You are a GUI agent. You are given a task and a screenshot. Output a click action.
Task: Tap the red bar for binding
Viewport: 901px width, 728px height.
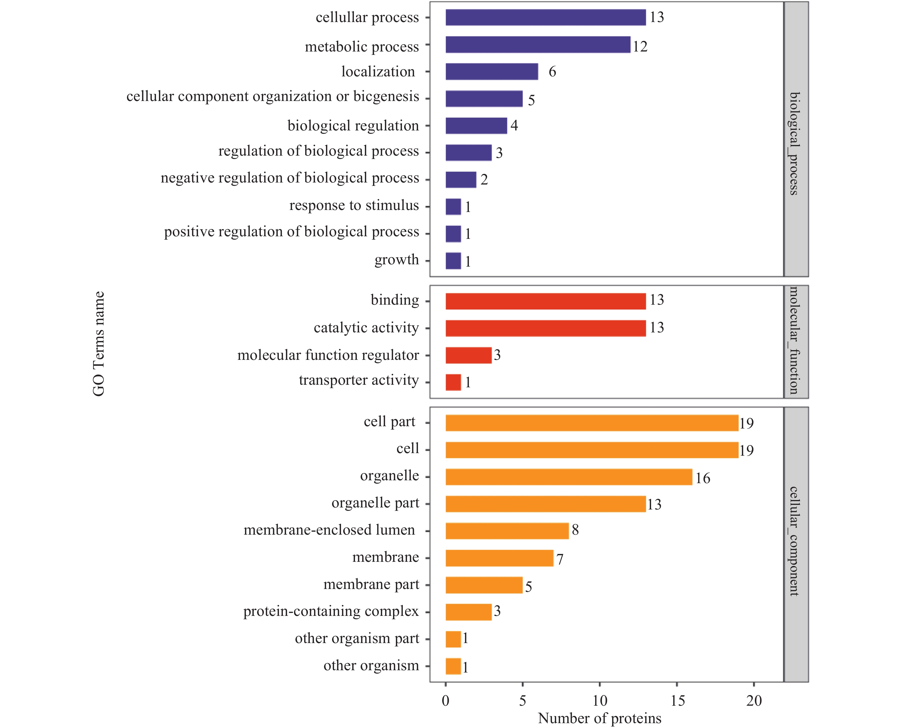[x=545, y=301]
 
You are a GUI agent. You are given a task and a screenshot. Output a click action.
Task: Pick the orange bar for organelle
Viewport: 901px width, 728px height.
[x=569, y=477]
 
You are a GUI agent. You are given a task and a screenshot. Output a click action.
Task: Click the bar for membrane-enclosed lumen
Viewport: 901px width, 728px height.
[x=507, y=531]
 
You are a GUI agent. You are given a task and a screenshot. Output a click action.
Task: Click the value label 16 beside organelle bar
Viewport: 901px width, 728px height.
[x=703, y=478]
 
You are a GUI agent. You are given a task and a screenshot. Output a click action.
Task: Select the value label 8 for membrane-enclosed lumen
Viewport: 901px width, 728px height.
[x=575, y=530]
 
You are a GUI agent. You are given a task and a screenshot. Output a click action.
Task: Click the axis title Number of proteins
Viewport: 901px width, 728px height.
[x=600, y=718]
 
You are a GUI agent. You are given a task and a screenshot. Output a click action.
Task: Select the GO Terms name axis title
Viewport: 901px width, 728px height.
[x=98, y=344]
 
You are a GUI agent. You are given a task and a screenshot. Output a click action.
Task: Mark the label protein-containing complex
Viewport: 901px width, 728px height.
[x=331, y=611]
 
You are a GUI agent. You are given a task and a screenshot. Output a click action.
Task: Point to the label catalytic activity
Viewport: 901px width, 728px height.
[x=366, y=328]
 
